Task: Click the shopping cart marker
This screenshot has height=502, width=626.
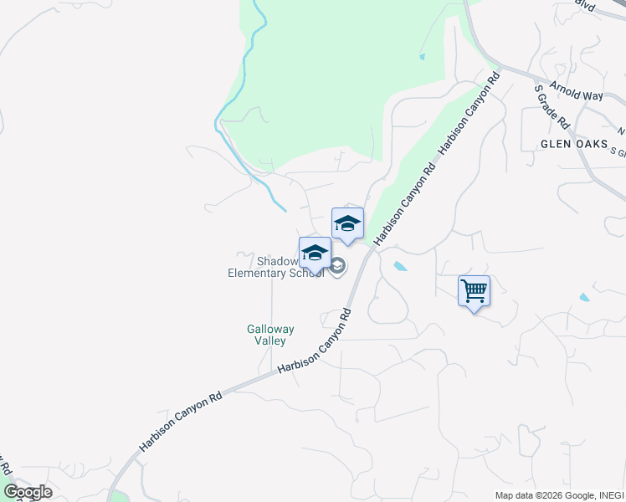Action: tap(474, 291)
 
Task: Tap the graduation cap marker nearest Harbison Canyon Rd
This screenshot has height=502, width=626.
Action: tap(347, 223)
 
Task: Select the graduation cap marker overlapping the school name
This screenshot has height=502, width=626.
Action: tap(315, 253)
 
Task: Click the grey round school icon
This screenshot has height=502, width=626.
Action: tap(337, 267)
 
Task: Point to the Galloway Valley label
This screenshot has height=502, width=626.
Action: tap(270, 335)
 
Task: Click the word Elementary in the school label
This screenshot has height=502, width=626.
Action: tap(258, 273)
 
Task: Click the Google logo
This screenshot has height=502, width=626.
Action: tap(28, 492)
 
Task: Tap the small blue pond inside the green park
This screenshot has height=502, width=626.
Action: tap(421, 57)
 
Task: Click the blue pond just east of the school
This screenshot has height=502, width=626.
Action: tap(400, 267)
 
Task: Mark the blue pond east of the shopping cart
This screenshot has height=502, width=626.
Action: tap(583, 297)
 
